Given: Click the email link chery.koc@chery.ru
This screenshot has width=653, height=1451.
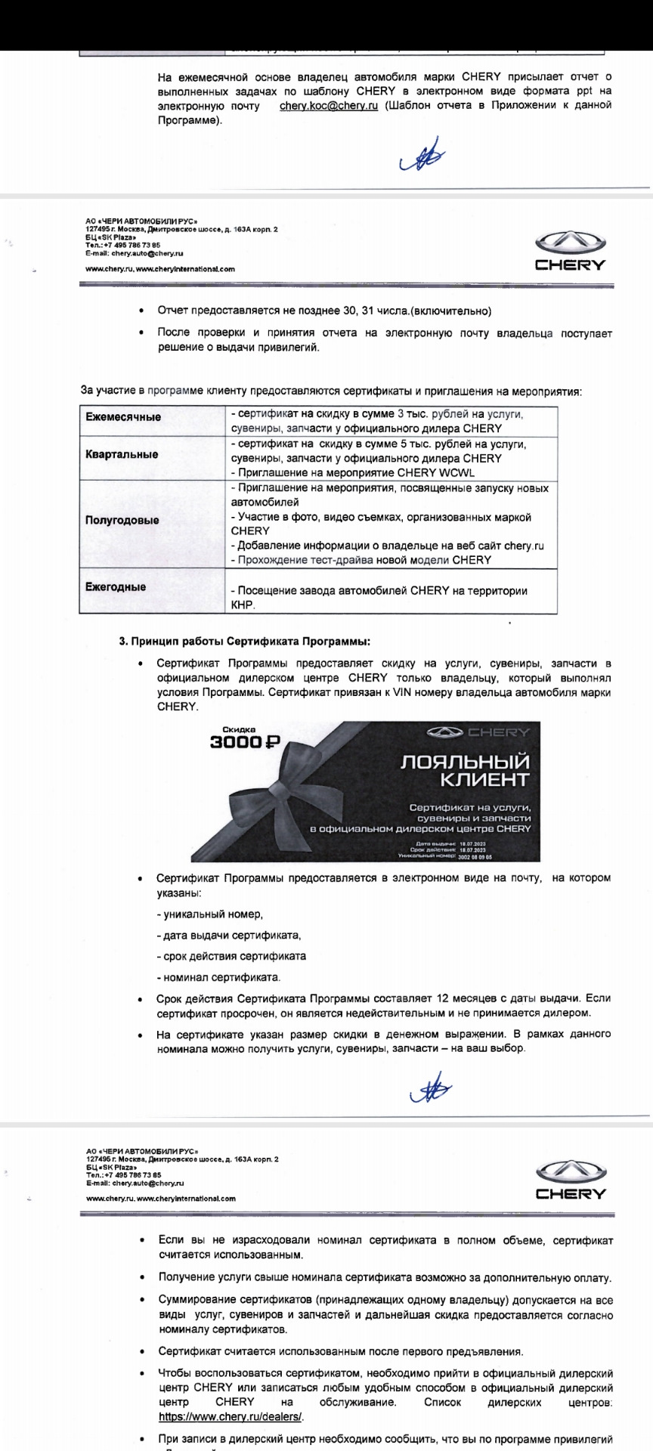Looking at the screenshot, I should coord(328,106).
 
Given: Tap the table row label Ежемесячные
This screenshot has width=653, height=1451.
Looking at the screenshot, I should coord(123,417).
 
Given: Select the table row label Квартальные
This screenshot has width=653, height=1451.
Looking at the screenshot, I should coord(122,454).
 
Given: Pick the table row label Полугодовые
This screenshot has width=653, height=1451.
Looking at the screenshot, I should coord(122,520).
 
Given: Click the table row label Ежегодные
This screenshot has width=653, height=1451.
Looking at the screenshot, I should coord(116,586).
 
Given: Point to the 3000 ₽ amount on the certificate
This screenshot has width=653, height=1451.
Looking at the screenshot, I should coord(244,742).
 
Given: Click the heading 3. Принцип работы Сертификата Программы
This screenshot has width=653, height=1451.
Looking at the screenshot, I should coord(245,641).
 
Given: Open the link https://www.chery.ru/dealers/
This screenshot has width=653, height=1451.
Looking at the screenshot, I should coord(231,1417).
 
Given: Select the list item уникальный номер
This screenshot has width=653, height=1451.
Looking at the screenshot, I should coord(210,914).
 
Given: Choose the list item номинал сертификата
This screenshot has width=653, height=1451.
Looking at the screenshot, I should coord(218,977).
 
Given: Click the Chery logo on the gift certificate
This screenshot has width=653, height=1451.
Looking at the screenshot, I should coord(478,732).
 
